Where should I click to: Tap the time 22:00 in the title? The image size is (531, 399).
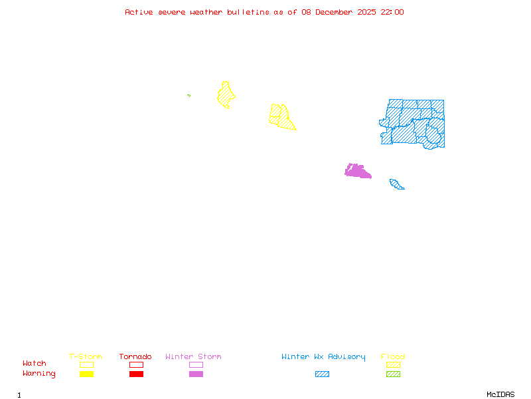[392, 12]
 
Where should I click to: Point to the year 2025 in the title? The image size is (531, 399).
[367, 12]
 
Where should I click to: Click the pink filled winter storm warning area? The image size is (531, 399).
[357, 171]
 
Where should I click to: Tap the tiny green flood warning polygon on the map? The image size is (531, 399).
[189, 96]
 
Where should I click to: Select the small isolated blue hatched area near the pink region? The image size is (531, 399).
[396, 184]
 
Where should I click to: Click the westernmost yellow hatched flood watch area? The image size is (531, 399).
[226, 95]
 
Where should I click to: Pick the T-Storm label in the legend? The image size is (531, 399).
[86, 357]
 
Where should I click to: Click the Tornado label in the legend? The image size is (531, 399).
[135, 357]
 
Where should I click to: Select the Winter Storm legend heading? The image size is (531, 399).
[193, 357]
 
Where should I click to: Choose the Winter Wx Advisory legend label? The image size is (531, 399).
[323, 357]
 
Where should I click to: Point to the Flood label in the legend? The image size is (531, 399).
[393, 357]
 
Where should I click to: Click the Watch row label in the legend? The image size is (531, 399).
[35, 364]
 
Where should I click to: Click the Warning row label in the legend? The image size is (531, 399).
[39, 374]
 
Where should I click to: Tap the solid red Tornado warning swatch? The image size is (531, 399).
[136, 374]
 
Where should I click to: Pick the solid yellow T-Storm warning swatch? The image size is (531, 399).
[86, 374]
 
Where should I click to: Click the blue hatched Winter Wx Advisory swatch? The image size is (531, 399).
[322, 374]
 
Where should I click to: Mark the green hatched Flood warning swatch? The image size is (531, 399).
[393, 374]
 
